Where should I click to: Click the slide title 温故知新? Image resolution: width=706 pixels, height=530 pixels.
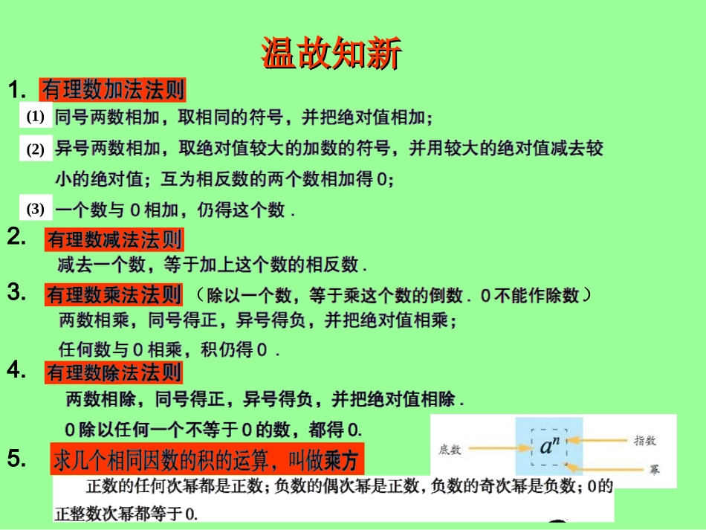click(x=331, y=54)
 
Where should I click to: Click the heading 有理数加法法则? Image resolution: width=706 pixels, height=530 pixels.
click(x=113, y=90)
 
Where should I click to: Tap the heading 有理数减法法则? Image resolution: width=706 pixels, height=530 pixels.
click(x=114, y=239)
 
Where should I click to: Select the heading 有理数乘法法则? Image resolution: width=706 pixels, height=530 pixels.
click(x=114, y=295)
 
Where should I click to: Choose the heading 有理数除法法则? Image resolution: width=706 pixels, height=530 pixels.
click(x=114, y=372)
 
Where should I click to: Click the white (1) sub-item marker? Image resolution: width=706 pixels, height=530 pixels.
click(x=36, y=117)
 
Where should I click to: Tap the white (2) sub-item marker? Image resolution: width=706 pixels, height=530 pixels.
click(x=36, y=149)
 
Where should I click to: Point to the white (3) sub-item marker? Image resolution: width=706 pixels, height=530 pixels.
click(x=36, y=209)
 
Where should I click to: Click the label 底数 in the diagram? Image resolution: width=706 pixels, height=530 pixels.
click(x=450, y=449)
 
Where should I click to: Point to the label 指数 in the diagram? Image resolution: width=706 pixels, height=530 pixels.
click(x=644, y=440)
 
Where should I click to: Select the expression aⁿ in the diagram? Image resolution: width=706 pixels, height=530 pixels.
click(x=549, y=447)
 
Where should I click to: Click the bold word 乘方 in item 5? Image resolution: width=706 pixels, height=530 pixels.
click(x=341, y=461)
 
